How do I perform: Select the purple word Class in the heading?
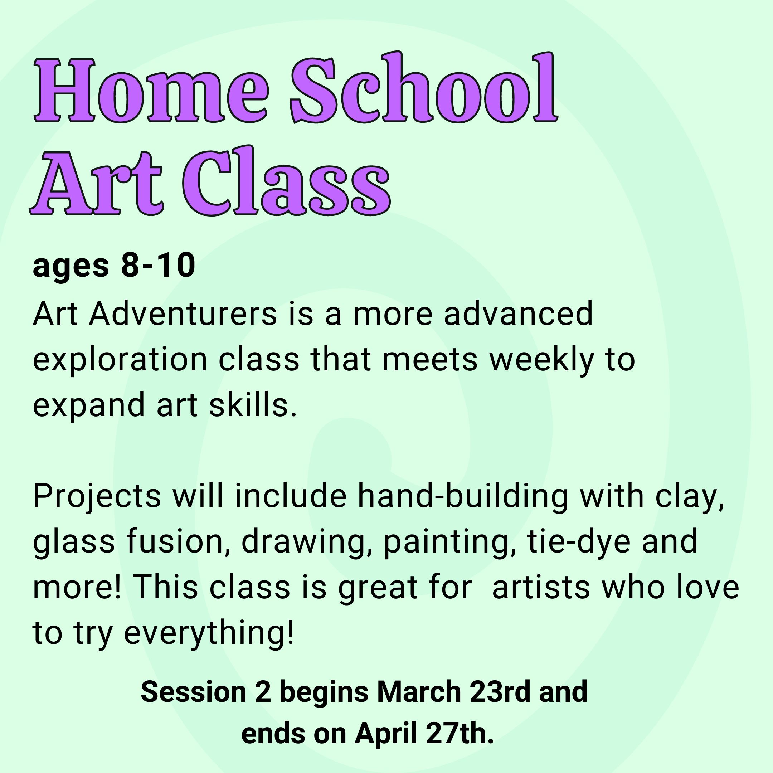click(286, 180)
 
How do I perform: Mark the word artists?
click(541, 588)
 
